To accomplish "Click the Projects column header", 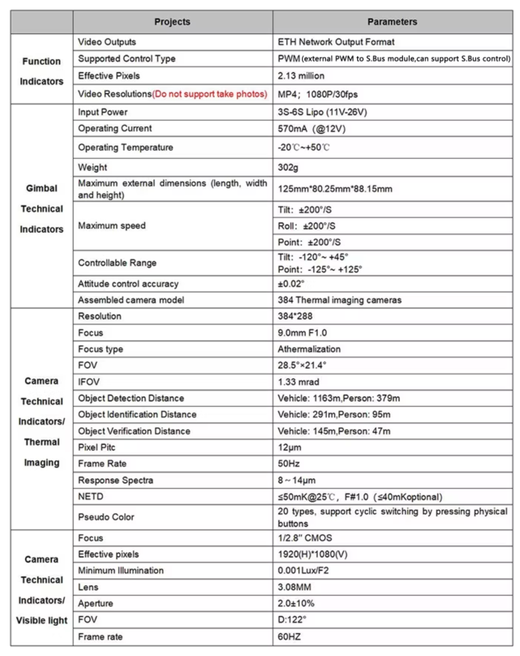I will click(x=172, y=22).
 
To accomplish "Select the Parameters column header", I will click(x=392, y=22).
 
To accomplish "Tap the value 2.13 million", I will click(x=301, y=76).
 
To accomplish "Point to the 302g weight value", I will click(x=288, y=167).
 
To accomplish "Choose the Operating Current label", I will click(x=115, y=129).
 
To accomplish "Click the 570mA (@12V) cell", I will click(x=312, y=129).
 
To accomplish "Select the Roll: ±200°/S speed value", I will click(x=307, y=226).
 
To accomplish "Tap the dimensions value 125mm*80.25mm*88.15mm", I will click(x=335, y=189).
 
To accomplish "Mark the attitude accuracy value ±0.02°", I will click(x=291, y=284).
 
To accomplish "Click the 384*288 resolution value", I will click(x=295, y=316).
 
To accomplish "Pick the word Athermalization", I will click(x=309, y=349).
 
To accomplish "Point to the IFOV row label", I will click(x=89, y=382).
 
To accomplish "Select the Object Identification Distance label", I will click(x=137, y=414).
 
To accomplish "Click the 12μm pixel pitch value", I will click(x=290, y=447).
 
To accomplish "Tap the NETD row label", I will click(x=91, y=497).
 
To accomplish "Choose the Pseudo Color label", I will click(x=106, y=517).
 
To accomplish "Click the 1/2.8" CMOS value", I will click(x=305, y=538).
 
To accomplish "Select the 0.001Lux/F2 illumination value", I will click(x=303, y=571).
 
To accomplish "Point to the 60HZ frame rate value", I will click(x=289, y=637).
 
